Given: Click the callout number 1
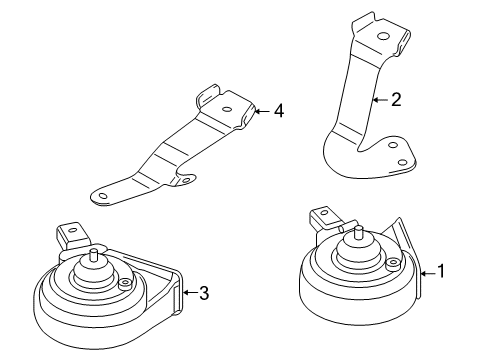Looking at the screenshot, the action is click(x=441, y=271).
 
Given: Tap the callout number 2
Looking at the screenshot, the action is click(x=396, y=99).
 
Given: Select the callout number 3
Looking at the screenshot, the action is click(x=204, y=293).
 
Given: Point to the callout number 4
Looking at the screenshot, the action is click(x=279, y=111).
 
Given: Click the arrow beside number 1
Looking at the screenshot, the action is click(x=428, y=274).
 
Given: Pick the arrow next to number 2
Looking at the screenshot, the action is click(x=381, y=100).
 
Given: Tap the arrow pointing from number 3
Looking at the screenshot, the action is click(x=190, y=293).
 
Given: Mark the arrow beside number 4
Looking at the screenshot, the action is click(x=262, y=111).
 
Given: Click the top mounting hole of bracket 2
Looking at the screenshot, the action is click(x=383, y=36).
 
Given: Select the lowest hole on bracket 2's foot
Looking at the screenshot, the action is click(x=403, y=163).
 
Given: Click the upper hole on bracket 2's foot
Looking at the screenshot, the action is click(x=394, y=145).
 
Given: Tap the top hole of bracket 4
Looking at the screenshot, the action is click(x=227, y=109).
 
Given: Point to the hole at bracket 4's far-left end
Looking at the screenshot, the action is click(x=103, y=196).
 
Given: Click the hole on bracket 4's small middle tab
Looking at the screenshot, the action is click(x=186, y=180).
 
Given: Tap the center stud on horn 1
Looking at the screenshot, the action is click(x=359, y=232).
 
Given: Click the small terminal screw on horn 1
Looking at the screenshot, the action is click(x=392, y=263).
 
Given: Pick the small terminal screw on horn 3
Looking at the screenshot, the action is click(x=125, y=283).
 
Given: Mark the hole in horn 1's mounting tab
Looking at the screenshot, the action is click(x=323, y=212).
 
